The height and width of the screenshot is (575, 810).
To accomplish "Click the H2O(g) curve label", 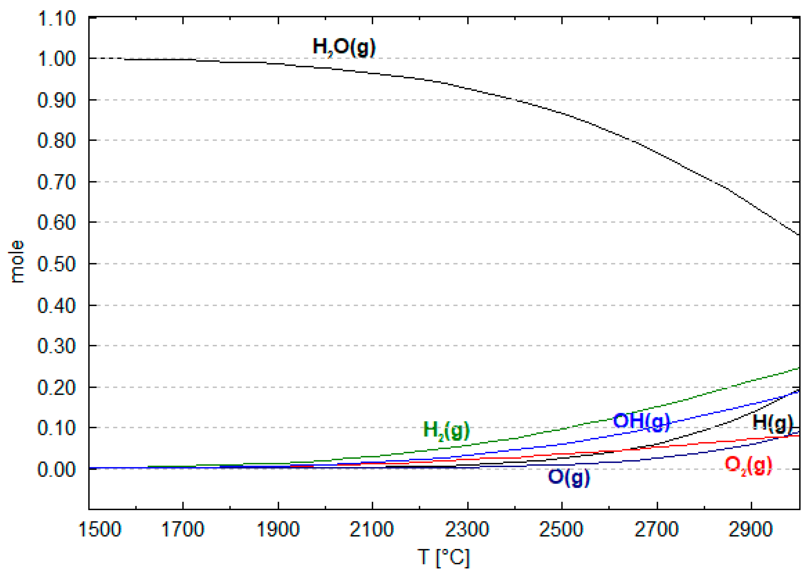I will pyautogui.click(x=344, y=47).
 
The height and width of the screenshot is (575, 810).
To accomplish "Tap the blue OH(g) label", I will pyautogui.click(x=641, y=422).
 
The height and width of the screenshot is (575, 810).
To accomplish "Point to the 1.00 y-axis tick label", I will pyautogui.click(x=57, y=59).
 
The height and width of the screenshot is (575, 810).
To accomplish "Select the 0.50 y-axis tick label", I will pyautogui.click(x=57, y=264).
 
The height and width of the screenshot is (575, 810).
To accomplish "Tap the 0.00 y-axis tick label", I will pyautogui.click(x=57, y=469).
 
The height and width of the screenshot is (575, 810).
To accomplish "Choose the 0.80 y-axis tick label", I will pyautogui.click(x=57, y=141).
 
